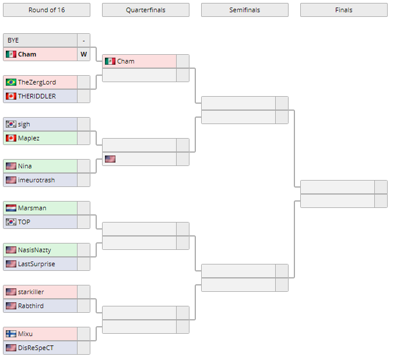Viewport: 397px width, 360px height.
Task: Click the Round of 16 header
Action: pos(47,10)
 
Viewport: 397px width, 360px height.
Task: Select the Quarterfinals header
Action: pos(145,10)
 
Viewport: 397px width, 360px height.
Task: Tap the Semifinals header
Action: pos(244,10)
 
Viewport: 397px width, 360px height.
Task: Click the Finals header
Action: pos(343,10)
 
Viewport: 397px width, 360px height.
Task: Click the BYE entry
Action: pos(13,40)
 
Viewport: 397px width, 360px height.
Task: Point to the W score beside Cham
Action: pos(84,54)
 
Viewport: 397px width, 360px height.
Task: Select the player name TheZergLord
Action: pos(37,82)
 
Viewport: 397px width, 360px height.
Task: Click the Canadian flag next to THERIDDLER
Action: pos(10,96)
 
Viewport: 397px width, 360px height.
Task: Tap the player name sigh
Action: pos(24,124)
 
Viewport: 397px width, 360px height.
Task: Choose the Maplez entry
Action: pos(28,138)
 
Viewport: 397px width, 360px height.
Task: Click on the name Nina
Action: pos(24,166)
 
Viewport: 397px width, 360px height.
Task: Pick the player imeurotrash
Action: pos(36,180)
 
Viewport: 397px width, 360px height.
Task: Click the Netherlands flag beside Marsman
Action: pos(10,208)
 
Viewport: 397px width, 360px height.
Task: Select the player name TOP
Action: pos(24,222)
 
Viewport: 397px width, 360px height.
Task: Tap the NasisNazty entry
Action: pos(34,250)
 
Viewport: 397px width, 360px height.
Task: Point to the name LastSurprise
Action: pos(36,264)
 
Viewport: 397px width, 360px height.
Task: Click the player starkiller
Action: pos(31,292)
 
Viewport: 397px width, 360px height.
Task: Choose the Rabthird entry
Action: pos(30,306)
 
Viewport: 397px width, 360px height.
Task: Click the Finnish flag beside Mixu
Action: pos(10,334)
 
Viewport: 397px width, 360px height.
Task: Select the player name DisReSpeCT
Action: pos(36,348)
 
